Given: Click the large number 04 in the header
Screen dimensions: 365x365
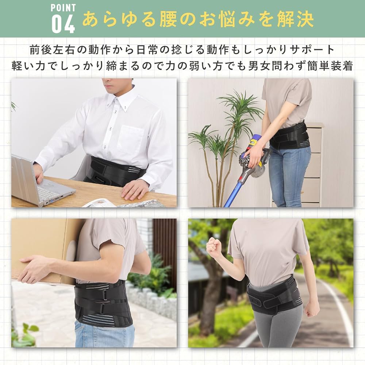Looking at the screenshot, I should pyautogui.click(x=63, y=24).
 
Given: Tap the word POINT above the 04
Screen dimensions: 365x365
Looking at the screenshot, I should pyautogui.click(x=63, y=7).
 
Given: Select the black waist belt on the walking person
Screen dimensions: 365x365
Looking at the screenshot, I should pyautogui.click(x=274, y=296).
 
